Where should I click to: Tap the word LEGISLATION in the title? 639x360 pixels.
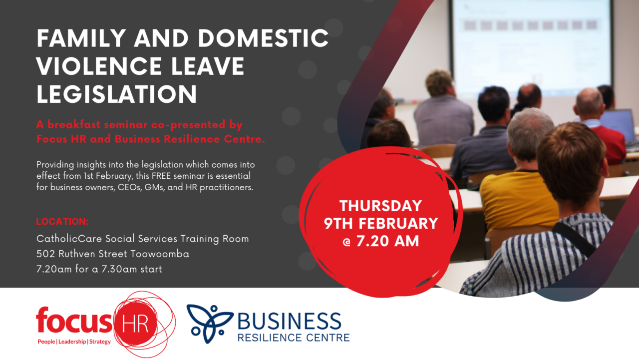[116, 94]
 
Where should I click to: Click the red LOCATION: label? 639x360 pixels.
[62, 221]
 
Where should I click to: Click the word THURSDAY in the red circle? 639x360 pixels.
[381, 206]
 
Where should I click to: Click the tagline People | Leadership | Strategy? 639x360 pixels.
[74, 342]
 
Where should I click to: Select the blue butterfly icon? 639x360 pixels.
[210, 320]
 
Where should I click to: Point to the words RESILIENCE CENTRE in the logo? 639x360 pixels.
[293, 338]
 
